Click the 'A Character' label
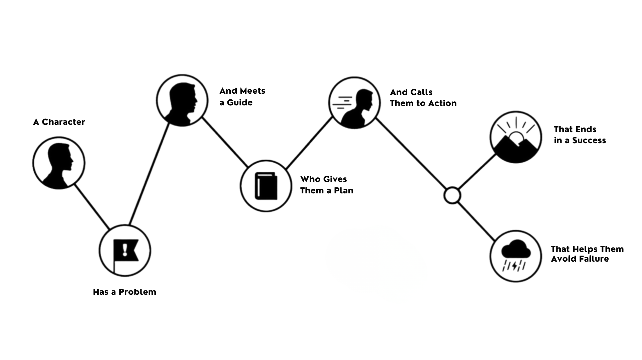point(59,122)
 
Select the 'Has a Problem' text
point(124,292)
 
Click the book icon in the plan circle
point(266,186)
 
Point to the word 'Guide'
point(240,103)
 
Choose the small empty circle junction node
point(452,195)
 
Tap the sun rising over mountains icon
point(516,137)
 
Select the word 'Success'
point(589,141)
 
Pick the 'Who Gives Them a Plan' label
point(327,185)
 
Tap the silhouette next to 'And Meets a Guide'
point(182,100)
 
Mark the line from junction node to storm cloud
point(476,221)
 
